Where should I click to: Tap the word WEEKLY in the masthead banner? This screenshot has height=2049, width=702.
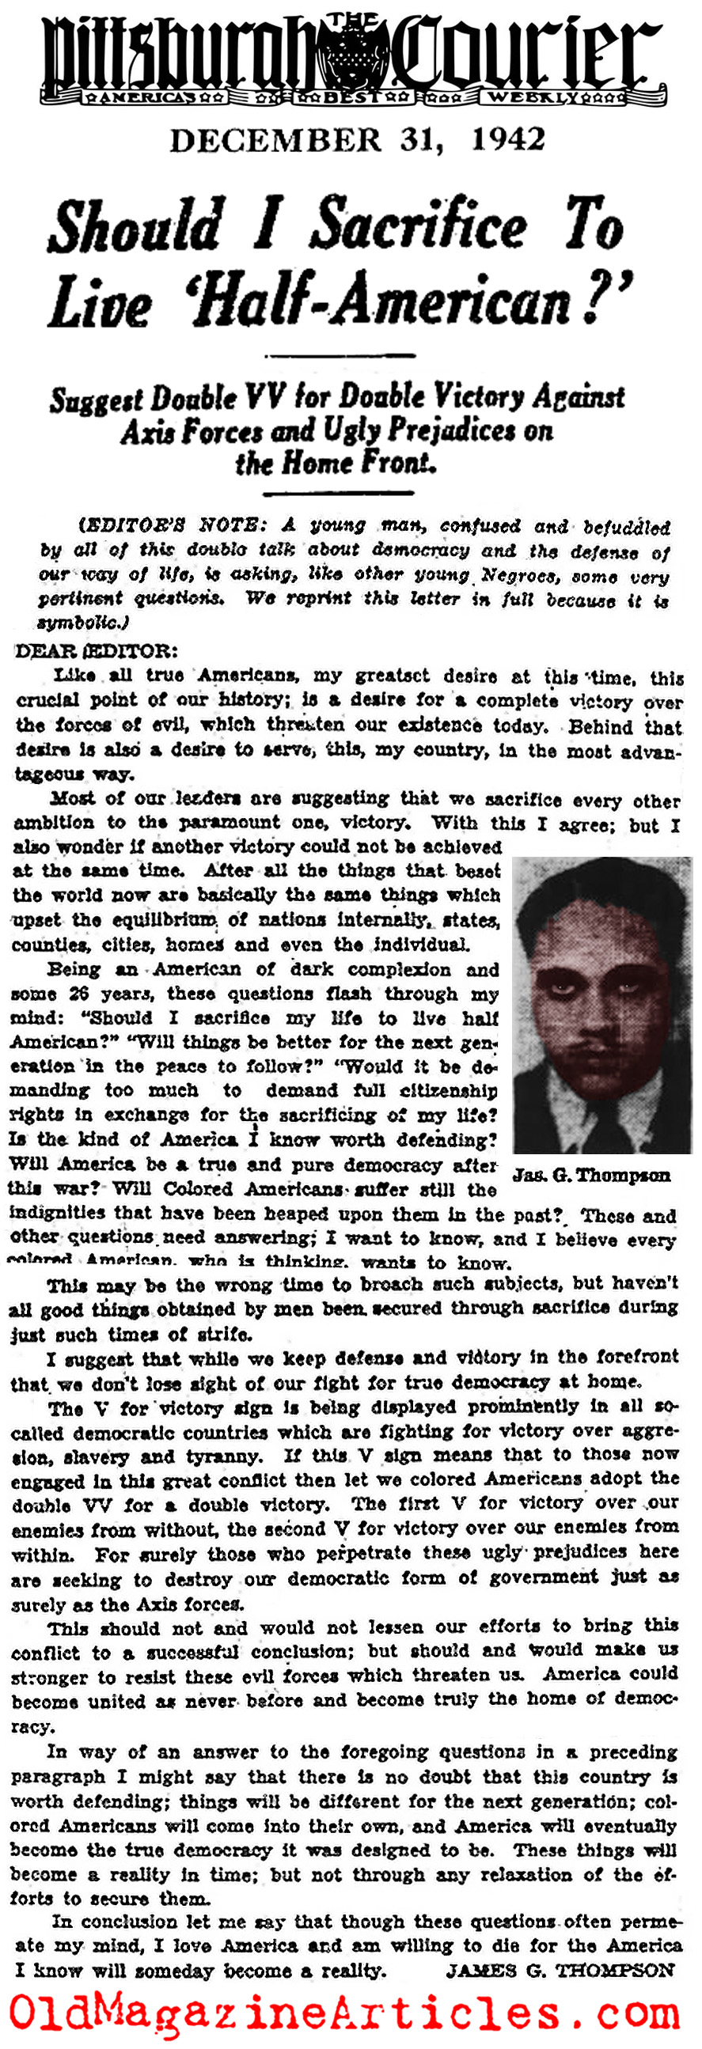point(533,98)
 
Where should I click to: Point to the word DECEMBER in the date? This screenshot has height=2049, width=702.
point(275,141)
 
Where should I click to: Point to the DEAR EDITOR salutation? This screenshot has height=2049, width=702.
point(97,650)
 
